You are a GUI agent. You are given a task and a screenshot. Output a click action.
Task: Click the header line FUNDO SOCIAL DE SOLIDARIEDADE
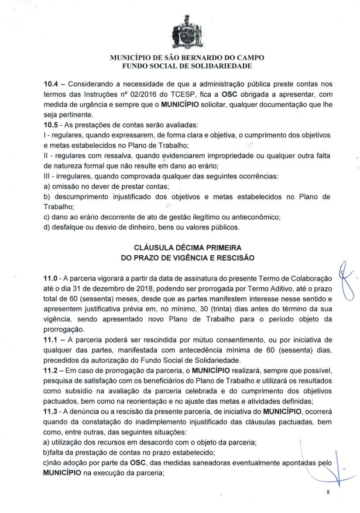pos(187,66)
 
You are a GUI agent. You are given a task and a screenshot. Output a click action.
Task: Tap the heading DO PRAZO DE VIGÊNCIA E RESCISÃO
pos(187,258)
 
